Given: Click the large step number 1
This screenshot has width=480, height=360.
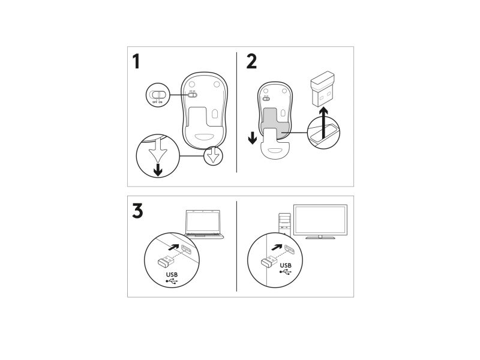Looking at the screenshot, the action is click(x=136, y=61).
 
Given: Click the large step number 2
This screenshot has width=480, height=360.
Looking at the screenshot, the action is click(x=251, y=61).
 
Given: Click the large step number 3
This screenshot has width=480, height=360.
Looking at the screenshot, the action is click(x=137, y=211).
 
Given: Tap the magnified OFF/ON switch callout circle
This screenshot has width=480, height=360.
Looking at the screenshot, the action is click(x=158, y=95).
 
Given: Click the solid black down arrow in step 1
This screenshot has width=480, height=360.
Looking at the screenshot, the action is click(x=158, y=169).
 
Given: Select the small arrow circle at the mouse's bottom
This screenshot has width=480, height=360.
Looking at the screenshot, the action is click(x=213, y=156).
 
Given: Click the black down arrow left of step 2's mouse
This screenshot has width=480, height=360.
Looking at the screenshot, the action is click(x=253, y=138).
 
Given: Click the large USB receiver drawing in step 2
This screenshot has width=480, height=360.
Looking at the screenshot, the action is click(x=322, y=89).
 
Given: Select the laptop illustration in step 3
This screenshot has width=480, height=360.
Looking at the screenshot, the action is click(x=204, y=224).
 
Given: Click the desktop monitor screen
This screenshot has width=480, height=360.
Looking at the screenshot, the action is click(x=320, y=220).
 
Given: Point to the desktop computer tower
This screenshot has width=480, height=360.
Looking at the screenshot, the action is click(x=284, y=223).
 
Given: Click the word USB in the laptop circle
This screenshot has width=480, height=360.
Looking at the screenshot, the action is click(x=172, y=275).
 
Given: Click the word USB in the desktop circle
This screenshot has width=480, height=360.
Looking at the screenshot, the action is click(x=286, y=265).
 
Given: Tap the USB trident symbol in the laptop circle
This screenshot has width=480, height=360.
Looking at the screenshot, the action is click(x=172, y=281).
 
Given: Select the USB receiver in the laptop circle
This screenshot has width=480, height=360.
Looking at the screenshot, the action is click(x=166, y=260).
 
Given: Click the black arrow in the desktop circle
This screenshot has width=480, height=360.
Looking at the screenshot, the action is click(x=277, y=247).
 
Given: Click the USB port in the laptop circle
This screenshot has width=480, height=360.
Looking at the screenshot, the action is click(x=187, y=250).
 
